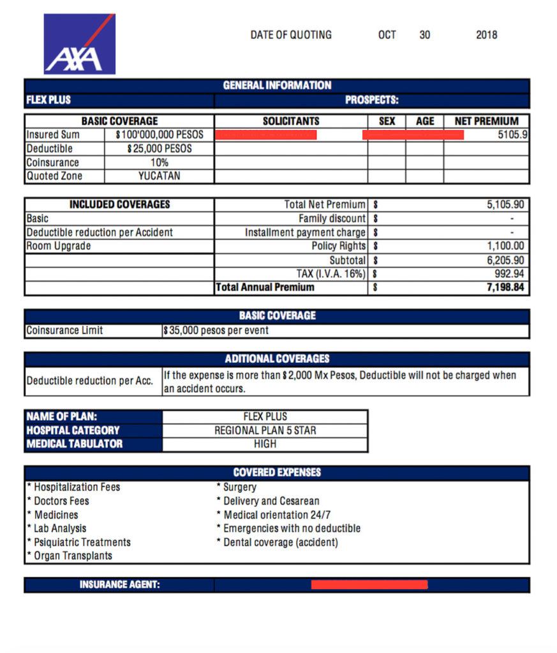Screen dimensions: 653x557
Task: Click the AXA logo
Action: pyautogui.click(x=79, y=44)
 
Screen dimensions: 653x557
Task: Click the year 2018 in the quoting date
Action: pyautogui.click(x=486, y=35)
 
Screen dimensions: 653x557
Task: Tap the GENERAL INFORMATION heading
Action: pyautogui.click(x=277, y=85)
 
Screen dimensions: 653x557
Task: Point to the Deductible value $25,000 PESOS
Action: pyautogui.click(x=160, y=149)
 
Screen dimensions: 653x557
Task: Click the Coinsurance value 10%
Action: pyautogui.click(x=160, y=163)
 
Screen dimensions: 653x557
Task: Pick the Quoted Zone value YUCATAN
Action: pyautogui.click(x=160, y=176)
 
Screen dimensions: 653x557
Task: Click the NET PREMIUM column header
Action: pyautogui.click(x=486, y=121)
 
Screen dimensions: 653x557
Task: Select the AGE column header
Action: pyautogui.click(x=424, y=121)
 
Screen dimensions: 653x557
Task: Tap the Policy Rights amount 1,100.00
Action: pyautogui.click(x=505, y=246)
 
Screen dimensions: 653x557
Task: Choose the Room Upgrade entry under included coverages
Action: pyautogui.click(x=59, y=246)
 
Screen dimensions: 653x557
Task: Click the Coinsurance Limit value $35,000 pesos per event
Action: pyautogui.click(x=216, y=331)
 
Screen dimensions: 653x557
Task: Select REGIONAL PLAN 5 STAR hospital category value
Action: pyautogui.click(x=265, y=430)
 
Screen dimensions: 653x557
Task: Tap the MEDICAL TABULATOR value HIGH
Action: pyautogui.click(x=265, y=444)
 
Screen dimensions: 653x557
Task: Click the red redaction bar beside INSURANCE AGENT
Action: pyautogui.click(x=369, y=585)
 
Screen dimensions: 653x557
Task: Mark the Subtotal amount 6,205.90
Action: pyautogui.click(x=505, y=260)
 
